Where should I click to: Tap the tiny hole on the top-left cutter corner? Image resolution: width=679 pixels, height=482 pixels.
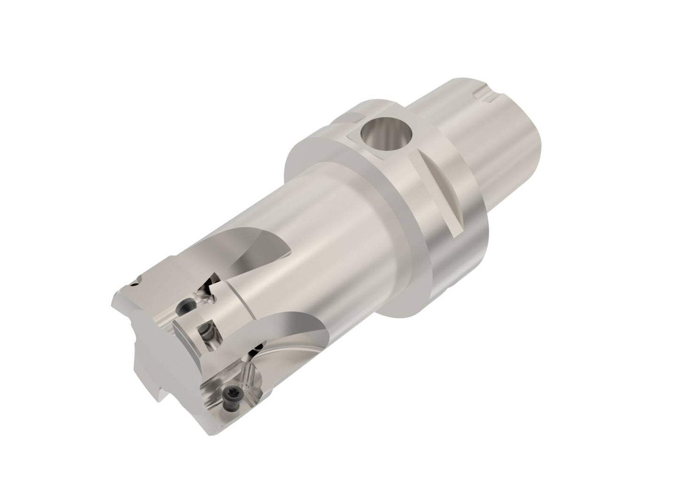coord(134,284)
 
